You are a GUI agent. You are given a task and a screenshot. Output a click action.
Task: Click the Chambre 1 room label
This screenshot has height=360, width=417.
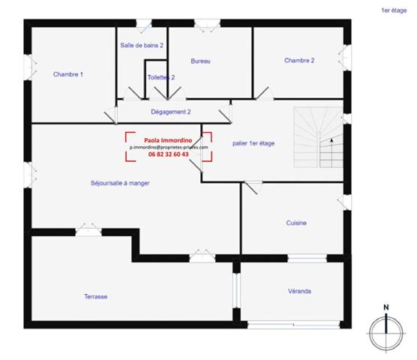[x=67, y=74]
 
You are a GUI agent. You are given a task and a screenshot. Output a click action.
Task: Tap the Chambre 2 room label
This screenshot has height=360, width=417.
[x=298, y=60]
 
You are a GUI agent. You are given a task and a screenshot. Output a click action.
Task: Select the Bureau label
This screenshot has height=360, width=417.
[x=200, y=61]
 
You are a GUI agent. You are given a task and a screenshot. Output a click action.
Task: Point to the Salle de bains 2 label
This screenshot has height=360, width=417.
[x=142, y=45]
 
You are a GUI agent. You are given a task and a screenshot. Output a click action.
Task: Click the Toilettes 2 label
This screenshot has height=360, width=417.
[x=161, y=77]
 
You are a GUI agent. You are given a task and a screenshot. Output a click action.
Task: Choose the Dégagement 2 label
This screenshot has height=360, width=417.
[x=171, y=111]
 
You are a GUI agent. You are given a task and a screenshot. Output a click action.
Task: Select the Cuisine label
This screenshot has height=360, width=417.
[x=296, y=223]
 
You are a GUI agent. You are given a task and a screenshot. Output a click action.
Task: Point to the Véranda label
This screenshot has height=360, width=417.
[x=300, y=291]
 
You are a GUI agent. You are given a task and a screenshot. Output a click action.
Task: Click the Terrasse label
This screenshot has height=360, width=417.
[x=95, y=297]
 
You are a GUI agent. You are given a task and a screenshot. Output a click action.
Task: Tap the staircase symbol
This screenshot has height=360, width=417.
[x=317, y=137]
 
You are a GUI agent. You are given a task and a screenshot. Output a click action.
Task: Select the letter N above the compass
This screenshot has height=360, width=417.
[x=385, y=307]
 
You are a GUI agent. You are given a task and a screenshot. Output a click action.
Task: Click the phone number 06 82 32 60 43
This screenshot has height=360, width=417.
[x=168, y=154]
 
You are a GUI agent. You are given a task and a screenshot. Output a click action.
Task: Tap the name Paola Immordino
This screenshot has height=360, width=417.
[x=168, y=140]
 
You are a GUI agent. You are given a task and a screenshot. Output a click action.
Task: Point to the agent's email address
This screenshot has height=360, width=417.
[x=168, y=148]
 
